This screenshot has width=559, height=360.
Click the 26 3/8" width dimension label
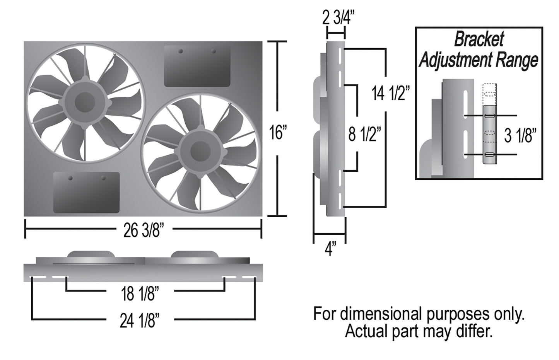(144, 230)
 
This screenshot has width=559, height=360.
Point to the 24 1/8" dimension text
(140, 321)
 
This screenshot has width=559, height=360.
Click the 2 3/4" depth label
(338, 18)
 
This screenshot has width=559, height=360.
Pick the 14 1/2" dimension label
(390, 93)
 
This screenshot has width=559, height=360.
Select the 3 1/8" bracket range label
(520, 136)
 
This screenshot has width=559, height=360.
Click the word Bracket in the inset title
(479, 39)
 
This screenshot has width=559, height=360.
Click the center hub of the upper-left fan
(85, 102)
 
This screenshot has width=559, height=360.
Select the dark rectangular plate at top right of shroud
(197, 66)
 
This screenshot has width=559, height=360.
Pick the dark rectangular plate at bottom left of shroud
(86, 192)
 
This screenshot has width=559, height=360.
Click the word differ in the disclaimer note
(475, 331)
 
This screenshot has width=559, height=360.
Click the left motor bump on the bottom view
(91, 254)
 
